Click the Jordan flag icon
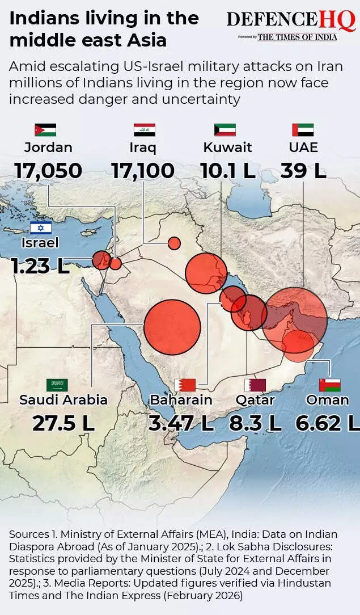[x=45, y=129]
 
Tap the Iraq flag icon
[x=145, y=129]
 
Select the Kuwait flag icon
[x=225, y=129]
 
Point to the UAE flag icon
[x=303, y=129]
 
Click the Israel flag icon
[x=41, y=228]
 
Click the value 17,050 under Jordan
[x=48, y=170]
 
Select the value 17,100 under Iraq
[x=143, y=170]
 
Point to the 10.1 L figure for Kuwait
[x=228, y=170]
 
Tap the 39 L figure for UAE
[x=303, y=170]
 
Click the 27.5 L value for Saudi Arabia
[x=63, y=423]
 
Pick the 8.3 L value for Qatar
[x=256, y=423]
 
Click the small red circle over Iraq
[x=175, y=243]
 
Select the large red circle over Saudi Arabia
[x=172, y=327]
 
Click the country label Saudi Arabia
[x=63, y=399]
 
